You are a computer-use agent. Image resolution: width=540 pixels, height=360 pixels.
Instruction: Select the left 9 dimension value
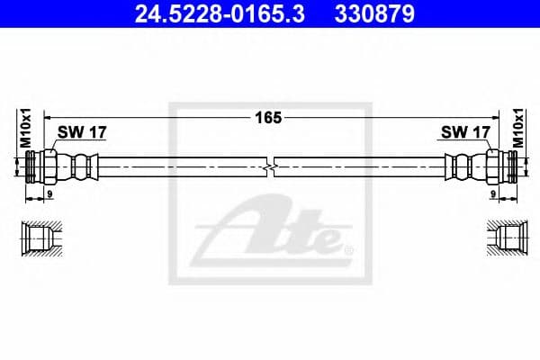tap(49, 193)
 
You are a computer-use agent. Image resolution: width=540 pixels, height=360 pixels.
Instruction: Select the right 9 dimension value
tap(494, 193)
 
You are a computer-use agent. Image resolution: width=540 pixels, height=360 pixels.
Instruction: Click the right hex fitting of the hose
tap(496, 167)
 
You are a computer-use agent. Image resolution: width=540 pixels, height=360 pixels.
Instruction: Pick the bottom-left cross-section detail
tap(41, 239)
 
